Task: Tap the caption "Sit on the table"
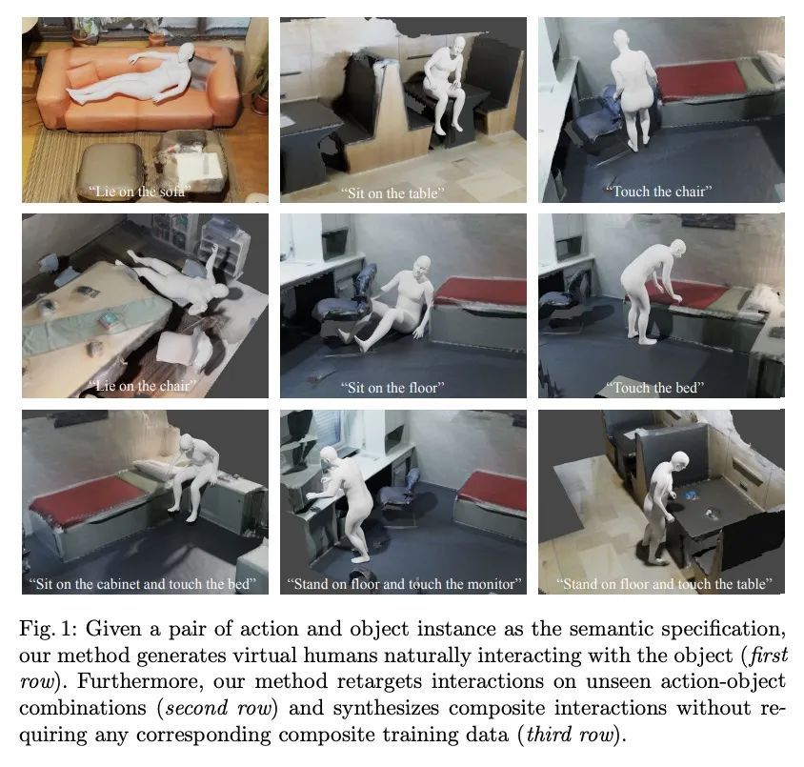(x=392, y=193)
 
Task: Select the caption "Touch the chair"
(x=659, y=192)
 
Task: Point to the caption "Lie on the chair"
(x=143, y=386)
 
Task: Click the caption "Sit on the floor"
(x=392, y=388)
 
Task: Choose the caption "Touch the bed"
(x=655, y=388)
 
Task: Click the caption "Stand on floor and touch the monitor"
(x=404, y=584)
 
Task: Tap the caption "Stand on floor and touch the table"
(x=665, y=584)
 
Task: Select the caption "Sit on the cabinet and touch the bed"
(x=143, y=584)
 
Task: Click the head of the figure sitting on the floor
(x=422, y=266)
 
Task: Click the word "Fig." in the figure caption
(x=36, y=630)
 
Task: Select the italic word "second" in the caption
(x=197, y=709)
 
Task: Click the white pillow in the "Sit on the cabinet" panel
(x=153, y=470)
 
